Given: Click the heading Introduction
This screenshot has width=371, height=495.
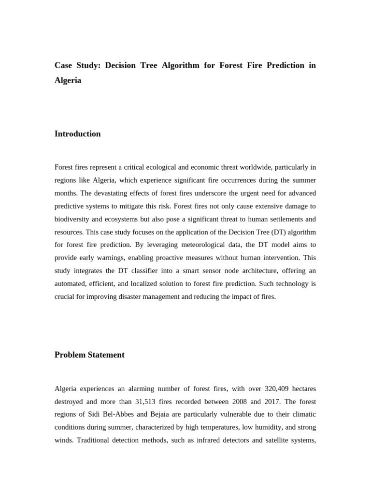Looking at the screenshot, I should (77, 134).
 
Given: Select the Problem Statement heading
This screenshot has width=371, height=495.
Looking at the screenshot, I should (89, 355).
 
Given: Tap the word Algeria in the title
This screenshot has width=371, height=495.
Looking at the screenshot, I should (68, 81).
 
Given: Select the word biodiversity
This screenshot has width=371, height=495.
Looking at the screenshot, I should (73, 219).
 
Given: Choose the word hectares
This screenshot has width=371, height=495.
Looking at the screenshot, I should (302, 389).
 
